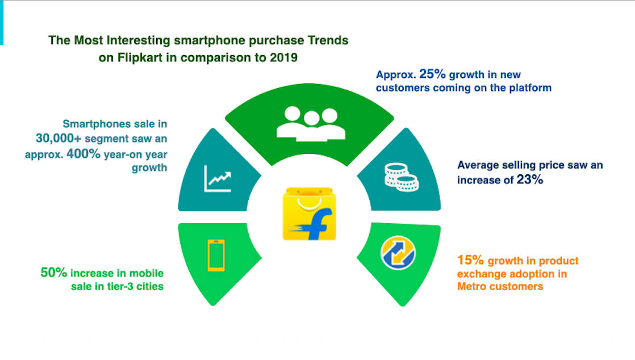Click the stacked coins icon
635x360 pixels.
tap(402, 175)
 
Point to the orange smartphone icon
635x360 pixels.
tap(216, 255)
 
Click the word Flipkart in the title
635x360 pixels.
tap(135, 57)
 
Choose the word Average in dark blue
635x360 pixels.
tap(480, 165)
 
